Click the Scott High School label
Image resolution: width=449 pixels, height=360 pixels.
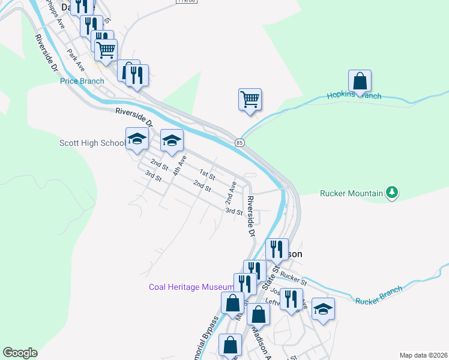pyautogui.click(x=92, y=143)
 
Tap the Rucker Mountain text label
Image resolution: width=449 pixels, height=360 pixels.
pyautogui.click(x=351, y=193)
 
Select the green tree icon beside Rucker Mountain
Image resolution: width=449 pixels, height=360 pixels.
pyautogui.click(x=393, y=193)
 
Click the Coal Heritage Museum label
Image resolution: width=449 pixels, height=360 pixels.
pyautogui.click(x=191, y=287)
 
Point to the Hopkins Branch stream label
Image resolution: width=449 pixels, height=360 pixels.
pyautogui.click(x=354, y=96)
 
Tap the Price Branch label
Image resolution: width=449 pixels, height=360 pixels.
pyautogui.click(x=82, y=81)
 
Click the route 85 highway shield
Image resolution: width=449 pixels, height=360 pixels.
pyautogui.click(x=240, y=142)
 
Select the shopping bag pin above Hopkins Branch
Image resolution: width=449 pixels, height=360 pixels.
pyautogui.click(x=360, y=81)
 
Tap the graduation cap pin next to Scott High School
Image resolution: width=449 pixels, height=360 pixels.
pyautogui.click(x=137, y=139)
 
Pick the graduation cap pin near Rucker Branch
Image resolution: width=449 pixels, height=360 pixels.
pyautogui.click(x=323, y=309)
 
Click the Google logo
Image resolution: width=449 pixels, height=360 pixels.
pyautogui.click(x=20, y=353)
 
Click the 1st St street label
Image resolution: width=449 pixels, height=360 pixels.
pyautogui.click(x=207, y=174)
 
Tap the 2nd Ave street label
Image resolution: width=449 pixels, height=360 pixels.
pyautogui.click(x=231, y=190)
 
